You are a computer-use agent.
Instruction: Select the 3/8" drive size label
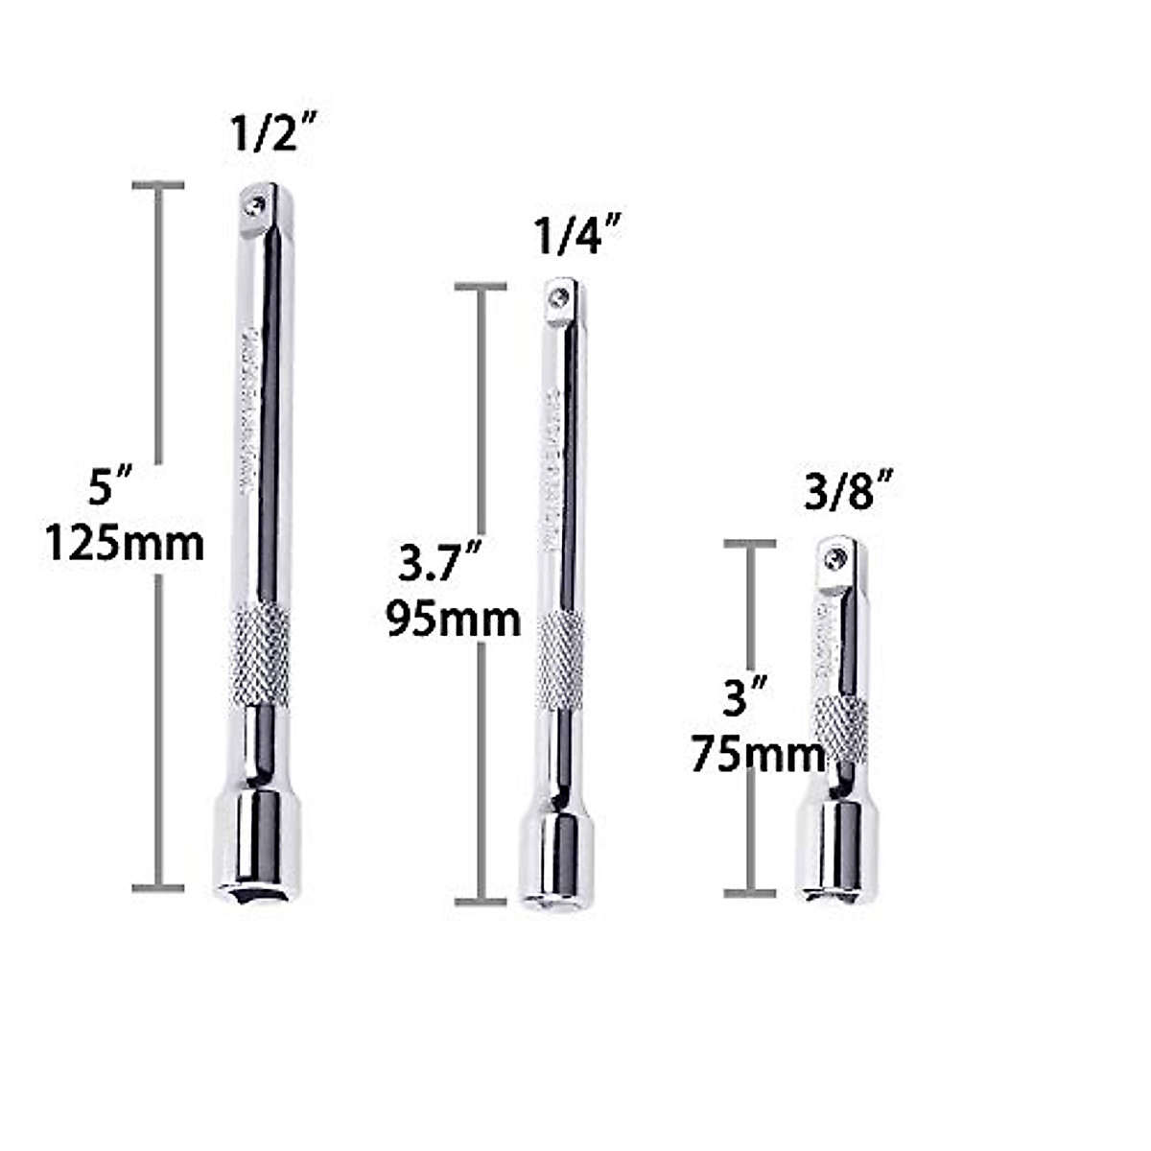[840, 495]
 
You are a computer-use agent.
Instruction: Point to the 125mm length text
[125, 544]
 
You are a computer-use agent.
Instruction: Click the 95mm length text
[454, 619]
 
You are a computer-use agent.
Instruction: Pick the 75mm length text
[758, 754]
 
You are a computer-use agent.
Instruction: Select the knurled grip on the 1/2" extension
[260, 655]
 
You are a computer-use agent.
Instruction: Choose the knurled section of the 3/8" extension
[840, 729]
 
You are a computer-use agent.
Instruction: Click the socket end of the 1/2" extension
[256, 844]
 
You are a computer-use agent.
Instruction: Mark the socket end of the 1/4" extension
[557, 858]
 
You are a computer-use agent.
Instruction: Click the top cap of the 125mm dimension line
[157, 185]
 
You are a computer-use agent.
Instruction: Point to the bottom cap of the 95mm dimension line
[481, 902]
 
